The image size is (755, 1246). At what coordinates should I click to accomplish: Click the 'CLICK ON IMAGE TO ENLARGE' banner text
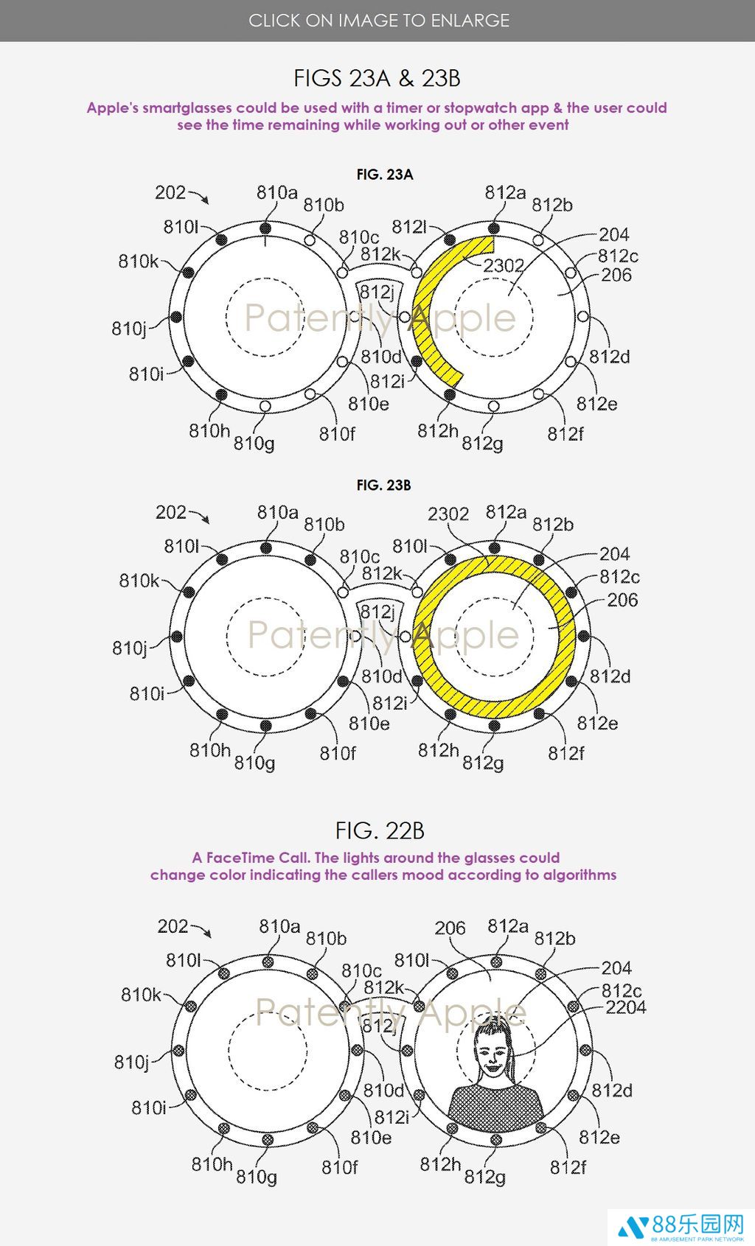point(379,21)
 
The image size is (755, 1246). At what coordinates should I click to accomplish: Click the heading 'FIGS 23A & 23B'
point(377,78)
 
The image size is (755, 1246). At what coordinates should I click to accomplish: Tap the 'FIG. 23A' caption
point(385,175)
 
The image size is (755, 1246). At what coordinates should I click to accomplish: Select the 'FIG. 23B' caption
point(383,485)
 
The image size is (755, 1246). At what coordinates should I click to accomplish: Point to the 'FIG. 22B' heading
point(380,831)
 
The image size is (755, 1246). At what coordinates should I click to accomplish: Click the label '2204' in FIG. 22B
point(626,1007)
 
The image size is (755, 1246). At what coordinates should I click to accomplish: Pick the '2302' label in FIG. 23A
point(504,265)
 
